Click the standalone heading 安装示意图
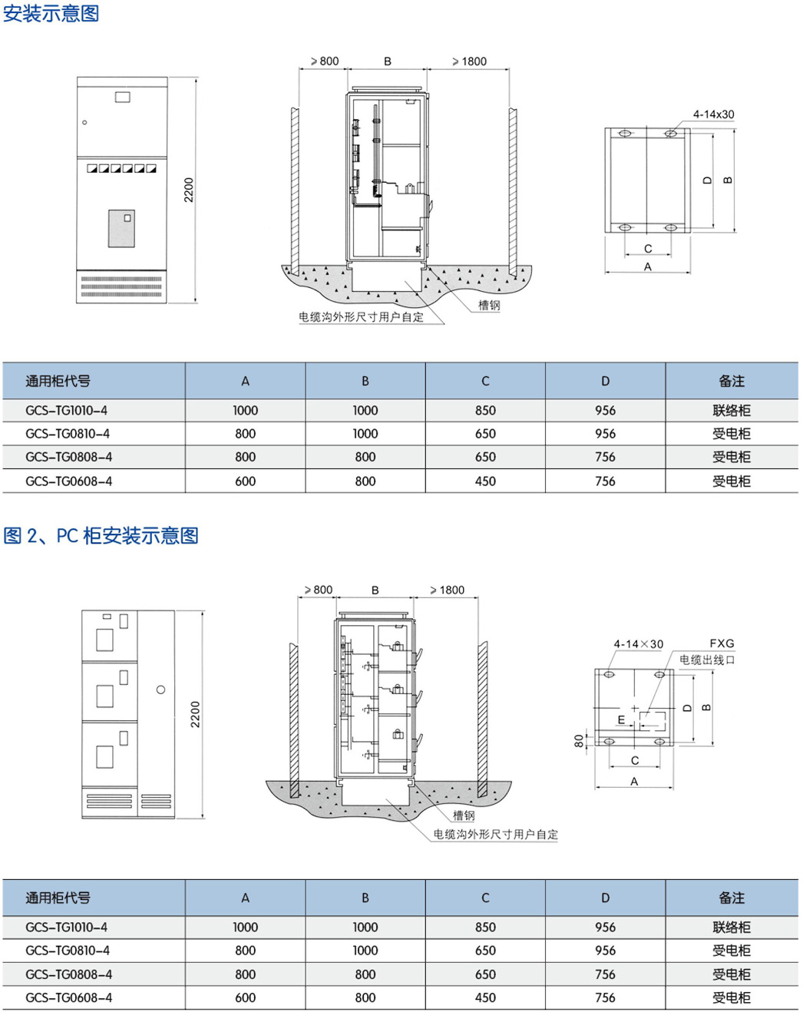click(51, 13)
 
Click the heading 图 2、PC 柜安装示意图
click(101, 535)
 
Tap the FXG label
click(722, 643)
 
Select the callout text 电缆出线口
click(707, 660)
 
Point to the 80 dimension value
click(579, 741)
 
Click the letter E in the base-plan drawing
click(622, 719)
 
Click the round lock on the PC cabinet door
click(160, 690)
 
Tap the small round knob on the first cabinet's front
click(84, 122)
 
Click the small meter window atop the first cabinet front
click(122, 97)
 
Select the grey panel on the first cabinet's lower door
click(121, 228)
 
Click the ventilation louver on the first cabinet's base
click(121, 286)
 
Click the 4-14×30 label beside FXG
click(638, 644)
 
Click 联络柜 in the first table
click(731, 411)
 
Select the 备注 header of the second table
click(731, 898)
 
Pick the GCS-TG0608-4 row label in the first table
click(68, 481)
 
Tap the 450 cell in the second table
click(485, 997)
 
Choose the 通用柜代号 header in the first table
click(58, 381)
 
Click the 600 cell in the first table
click(246, 481)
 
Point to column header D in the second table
click(605, 898)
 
